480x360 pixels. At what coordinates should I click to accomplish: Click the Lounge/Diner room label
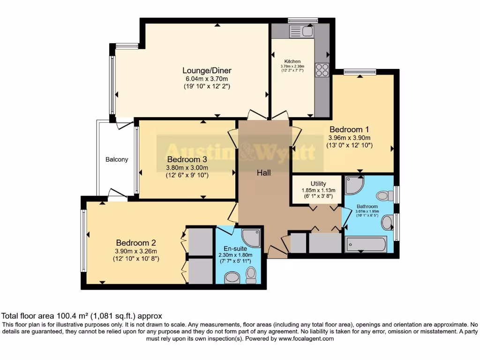207,70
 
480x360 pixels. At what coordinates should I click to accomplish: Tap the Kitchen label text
292,61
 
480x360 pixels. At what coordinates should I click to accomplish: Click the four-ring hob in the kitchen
322,70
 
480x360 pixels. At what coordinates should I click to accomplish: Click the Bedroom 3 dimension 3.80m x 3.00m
187,167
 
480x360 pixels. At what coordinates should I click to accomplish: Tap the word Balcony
117,159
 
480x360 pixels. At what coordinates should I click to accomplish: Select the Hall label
263,173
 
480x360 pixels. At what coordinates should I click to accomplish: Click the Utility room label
318,183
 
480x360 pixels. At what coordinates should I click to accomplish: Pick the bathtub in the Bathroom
366,244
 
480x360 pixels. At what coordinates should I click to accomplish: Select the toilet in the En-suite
251,275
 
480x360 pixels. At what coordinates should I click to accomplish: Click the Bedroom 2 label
136,243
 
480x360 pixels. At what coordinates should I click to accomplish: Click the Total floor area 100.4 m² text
82,316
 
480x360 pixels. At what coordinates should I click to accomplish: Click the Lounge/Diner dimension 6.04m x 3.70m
207,79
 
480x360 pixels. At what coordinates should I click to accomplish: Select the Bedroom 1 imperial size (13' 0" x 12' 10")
349,145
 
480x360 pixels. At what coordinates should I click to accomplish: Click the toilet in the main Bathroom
384,195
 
